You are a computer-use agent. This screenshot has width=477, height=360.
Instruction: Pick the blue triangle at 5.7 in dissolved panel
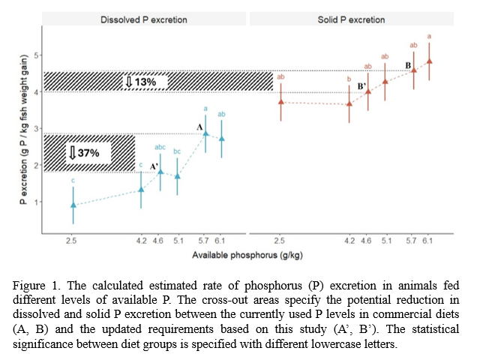[205, 133]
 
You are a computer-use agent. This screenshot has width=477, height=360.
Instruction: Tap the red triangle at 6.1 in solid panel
[429, 61]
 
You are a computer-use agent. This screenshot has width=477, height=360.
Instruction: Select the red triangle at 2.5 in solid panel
[280, 101]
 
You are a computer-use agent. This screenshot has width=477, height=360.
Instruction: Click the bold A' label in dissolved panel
[154, 166]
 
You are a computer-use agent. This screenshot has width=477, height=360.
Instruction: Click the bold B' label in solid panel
[361, 86]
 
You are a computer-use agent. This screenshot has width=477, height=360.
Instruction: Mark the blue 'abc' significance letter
[160, 147]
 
